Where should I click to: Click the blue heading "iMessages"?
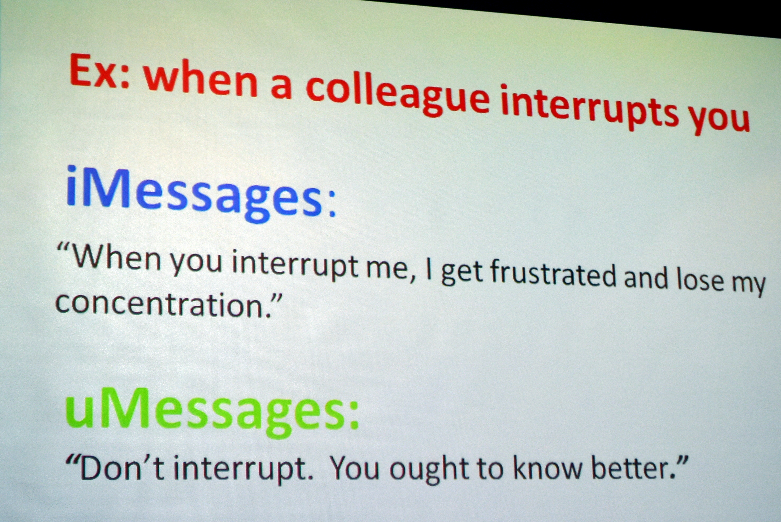(193, 194)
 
